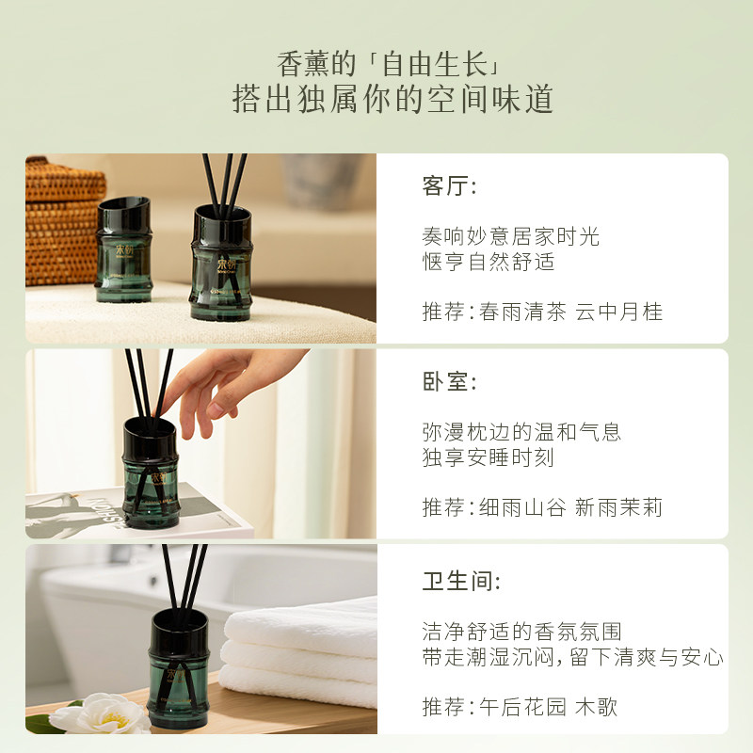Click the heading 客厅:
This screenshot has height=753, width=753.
pyautogui.click(x=449, y=185)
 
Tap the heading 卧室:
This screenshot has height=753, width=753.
pyautogui.click(x=449, y=382)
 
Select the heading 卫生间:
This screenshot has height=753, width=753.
pyautogui.click(x=461, y=581)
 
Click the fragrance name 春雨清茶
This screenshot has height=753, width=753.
pyautogui.click(x=522, y=312)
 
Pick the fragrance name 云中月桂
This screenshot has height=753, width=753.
pyautogui.click(x=618, y=312)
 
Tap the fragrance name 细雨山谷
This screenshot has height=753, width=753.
pyautogui.click(x=522, y=507)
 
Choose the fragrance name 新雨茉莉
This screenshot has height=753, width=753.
pyautogui.click(x=618, y=507)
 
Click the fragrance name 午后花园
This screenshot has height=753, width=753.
pyautogui.click(x=522, y=707)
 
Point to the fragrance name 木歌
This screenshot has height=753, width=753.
pyautogui.click(x=596, y=707)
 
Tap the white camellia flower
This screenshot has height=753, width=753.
pyautogui.click(x=102, y=713)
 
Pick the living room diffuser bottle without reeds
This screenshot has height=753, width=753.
pyautogui.click(x=124, y=249)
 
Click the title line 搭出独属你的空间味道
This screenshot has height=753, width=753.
pyautogui.click(x=393, y=99)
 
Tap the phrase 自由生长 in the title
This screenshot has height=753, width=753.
pyautogui.click(x=435, y=64)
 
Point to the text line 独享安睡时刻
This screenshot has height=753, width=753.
pyautogui.click(x=489, y=457)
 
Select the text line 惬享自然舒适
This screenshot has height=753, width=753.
pyautogui.click(x=489, y=262)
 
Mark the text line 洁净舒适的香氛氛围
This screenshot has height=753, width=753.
pyautogui.click(x=522, y=632)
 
